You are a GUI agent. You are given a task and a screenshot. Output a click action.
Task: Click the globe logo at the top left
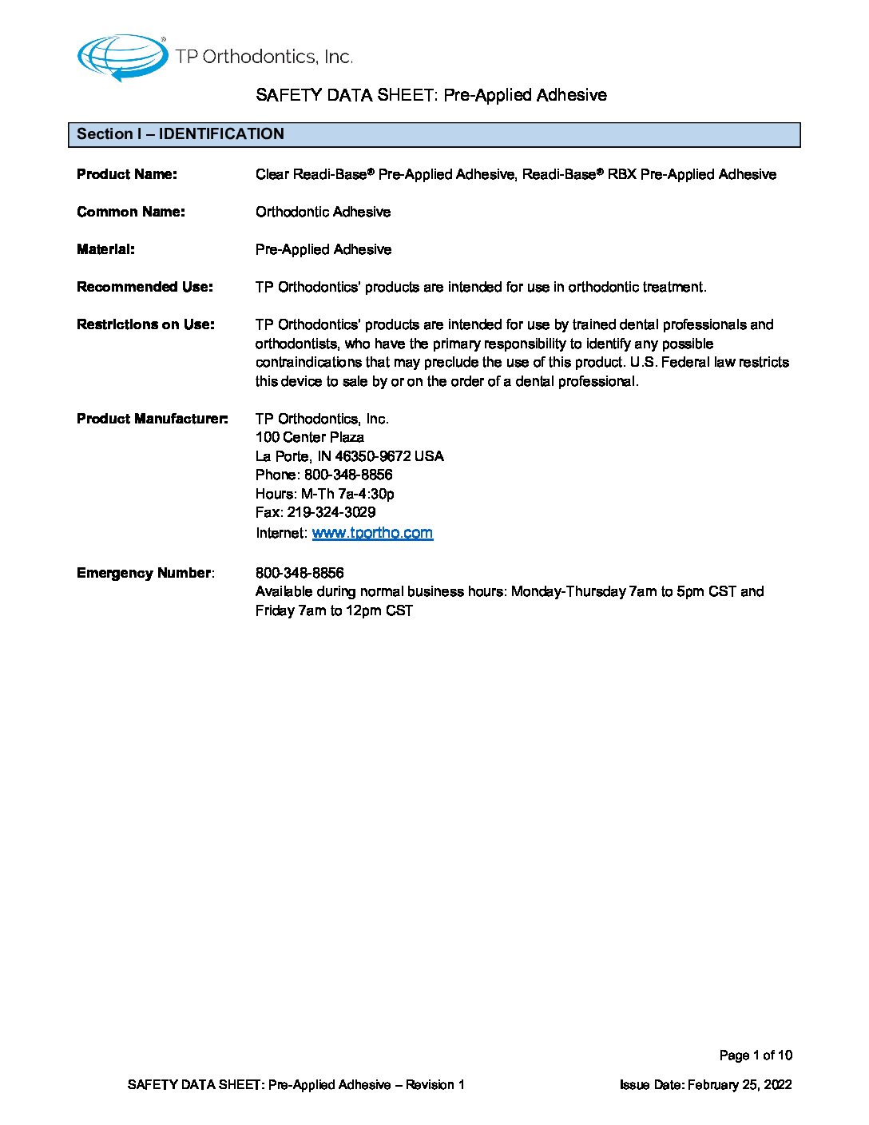pos(121,58)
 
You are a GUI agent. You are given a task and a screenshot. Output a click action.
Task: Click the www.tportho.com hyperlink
pos(372,533)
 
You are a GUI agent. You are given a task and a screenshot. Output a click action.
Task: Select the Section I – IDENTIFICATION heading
pos(181,134)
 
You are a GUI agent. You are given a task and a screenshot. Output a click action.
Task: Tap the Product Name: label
pos(127,174)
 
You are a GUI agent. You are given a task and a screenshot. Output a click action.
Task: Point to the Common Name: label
pos(131,212)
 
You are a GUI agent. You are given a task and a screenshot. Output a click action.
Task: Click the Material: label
pos(105,249)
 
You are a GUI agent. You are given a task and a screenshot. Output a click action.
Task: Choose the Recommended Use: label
pos(145,287)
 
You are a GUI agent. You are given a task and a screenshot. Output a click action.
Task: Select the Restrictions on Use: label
pos(145,324)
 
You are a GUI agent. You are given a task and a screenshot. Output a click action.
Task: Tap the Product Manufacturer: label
pos(153,419)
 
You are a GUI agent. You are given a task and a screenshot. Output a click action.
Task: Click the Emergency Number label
pos(144,573)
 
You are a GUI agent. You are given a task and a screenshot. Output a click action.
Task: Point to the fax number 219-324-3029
pos(331,512)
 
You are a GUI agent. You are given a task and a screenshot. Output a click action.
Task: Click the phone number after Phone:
pos(348,475)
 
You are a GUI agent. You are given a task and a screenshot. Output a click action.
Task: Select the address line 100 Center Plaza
pos(310,437)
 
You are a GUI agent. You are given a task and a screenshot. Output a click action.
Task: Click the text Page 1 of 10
pos(756,1055)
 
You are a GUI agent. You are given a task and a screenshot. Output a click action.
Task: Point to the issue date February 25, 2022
pos(740,1085)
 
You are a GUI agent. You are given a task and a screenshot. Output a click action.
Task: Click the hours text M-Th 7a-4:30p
pos(347,494)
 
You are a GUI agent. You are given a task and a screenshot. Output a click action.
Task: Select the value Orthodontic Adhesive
pos(323,212)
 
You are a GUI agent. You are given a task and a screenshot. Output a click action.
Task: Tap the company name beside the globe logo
pos(264,57)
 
